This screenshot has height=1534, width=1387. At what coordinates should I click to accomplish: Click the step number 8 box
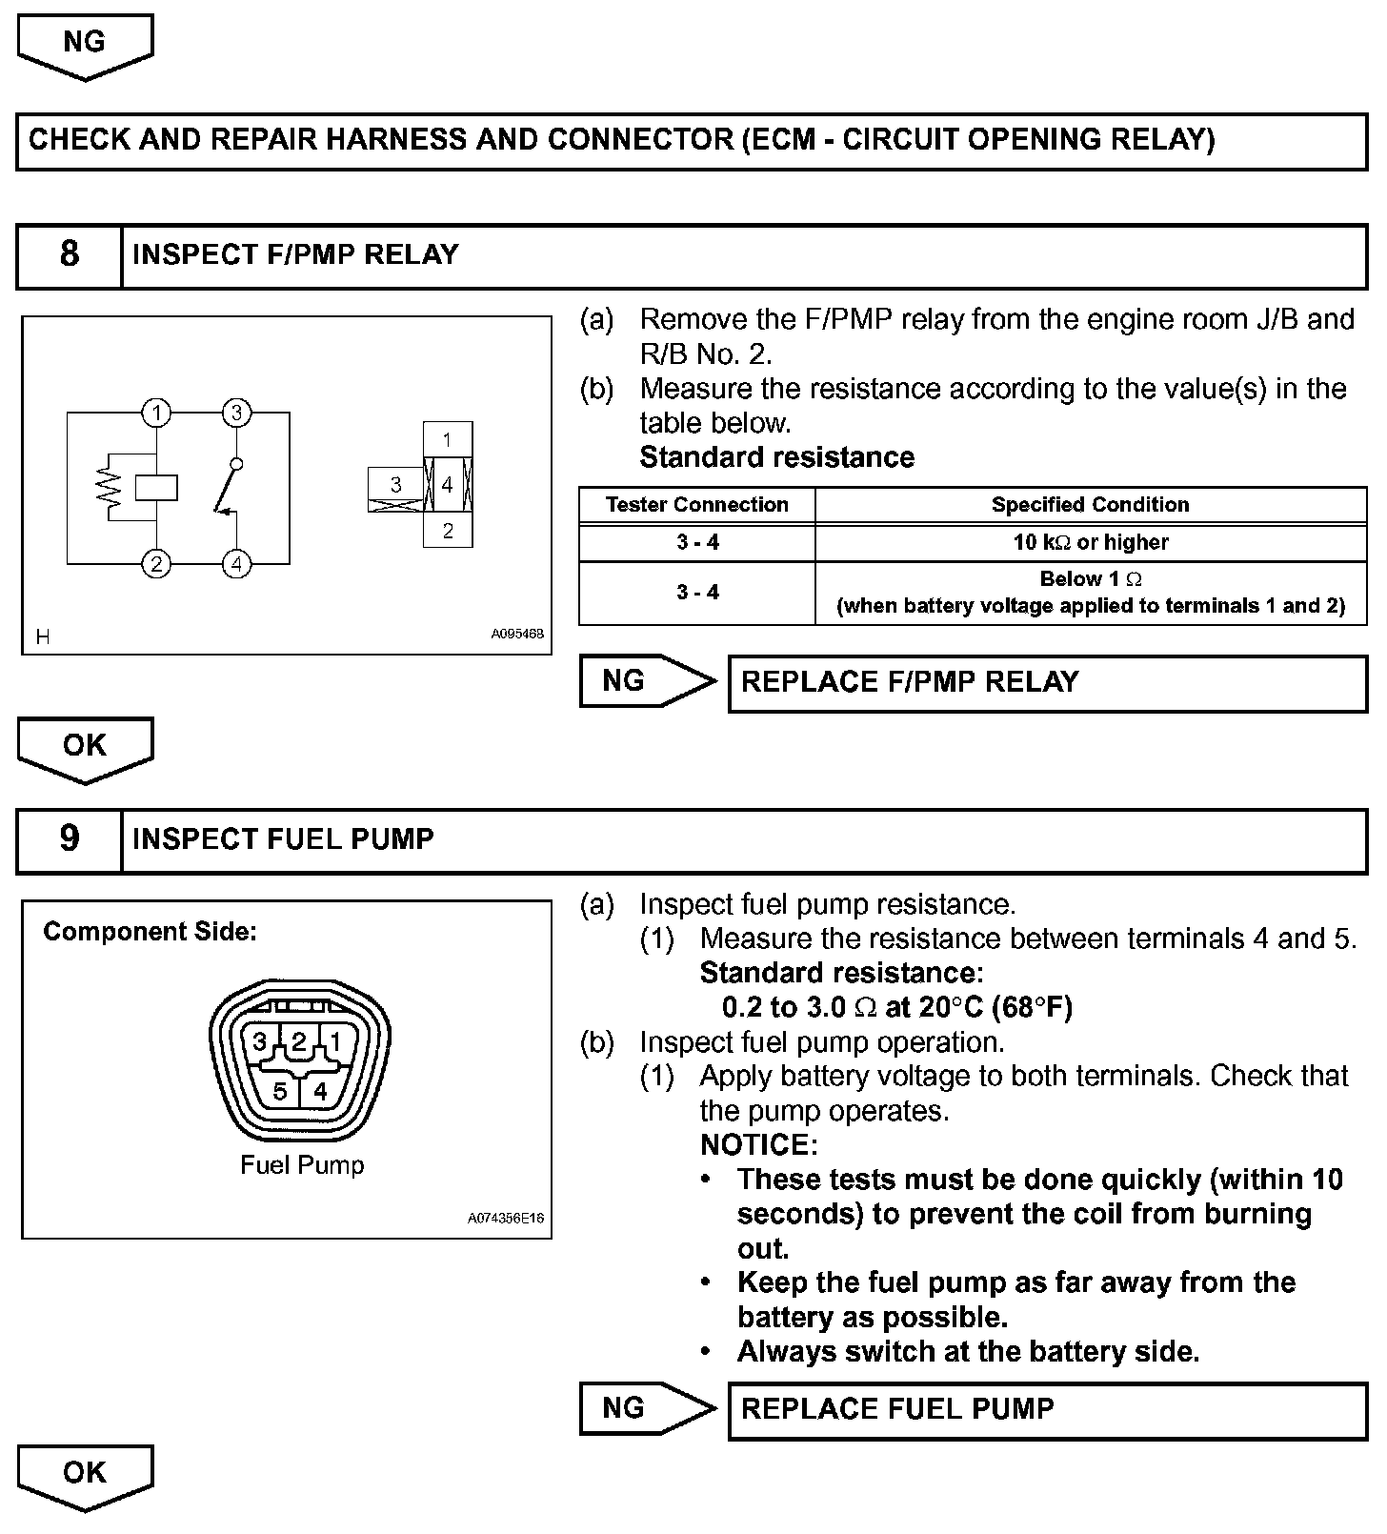[70, 255]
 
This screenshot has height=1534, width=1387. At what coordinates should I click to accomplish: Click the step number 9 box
[70, 839]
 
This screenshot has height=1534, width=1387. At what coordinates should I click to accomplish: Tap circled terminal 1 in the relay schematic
[156, 413]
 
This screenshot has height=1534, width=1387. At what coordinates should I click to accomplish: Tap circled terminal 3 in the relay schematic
[236, 413]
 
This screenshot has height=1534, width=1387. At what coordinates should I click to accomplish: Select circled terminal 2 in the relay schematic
[156, 564]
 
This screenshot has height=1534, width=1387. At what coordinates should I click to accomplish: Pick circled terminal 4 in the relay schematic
[236, 564]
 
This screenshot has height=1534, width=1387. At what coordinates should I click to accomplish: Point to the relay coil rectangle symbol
[156, 488]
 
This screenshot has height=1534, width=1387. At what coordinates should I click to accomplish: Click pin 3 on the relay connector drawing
[395, 485]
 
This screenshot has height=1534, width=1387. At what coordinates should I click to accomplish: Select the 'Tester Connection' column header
[696, 505]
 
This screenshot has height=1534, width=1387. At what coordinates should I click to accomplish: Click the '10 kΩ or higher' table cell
[1090, 542]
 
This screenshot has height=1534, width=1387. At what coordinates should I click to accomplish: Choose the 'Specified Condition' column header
[1090, 505]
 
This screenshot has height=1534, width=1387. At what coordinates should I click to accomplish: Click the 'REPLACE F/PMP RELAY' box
[1046, 682]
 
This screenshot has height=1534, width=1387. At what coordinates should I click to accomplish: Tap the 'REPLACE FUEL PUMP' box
[1046, 1409]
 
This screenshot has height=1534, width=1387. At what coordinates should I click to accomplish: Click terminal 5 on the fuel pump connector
[280, 1091]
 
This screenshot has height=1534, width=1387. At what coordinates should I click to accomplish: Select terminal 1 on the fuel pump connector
[335, 1041]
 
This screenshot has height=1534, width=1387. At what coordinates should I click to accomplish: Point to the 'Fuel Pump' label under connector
[302, 1165]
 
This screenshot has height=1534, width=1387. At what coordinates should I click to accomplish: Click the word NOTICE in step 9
[758, 1144]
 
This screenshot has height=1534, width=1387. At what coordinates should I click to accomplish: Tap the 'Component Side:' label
[150, 932]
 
